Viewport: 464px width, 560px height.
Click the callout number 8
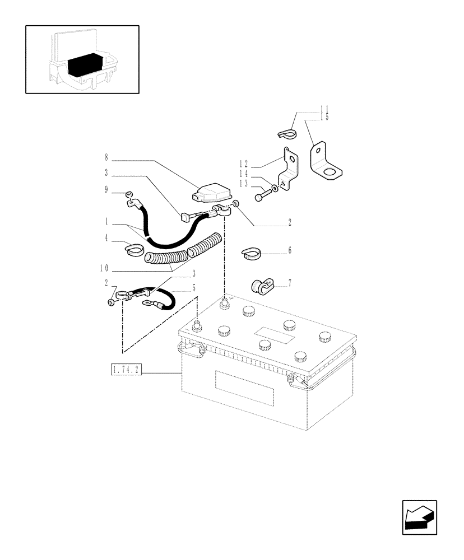105,158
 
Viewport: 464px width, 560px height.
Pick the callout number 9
106,190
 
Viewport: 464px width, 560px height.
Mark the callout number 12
244,164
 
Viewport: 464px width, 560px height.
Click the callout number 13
244,184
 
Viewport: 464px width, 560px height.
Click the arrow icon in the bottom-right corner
419,517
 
